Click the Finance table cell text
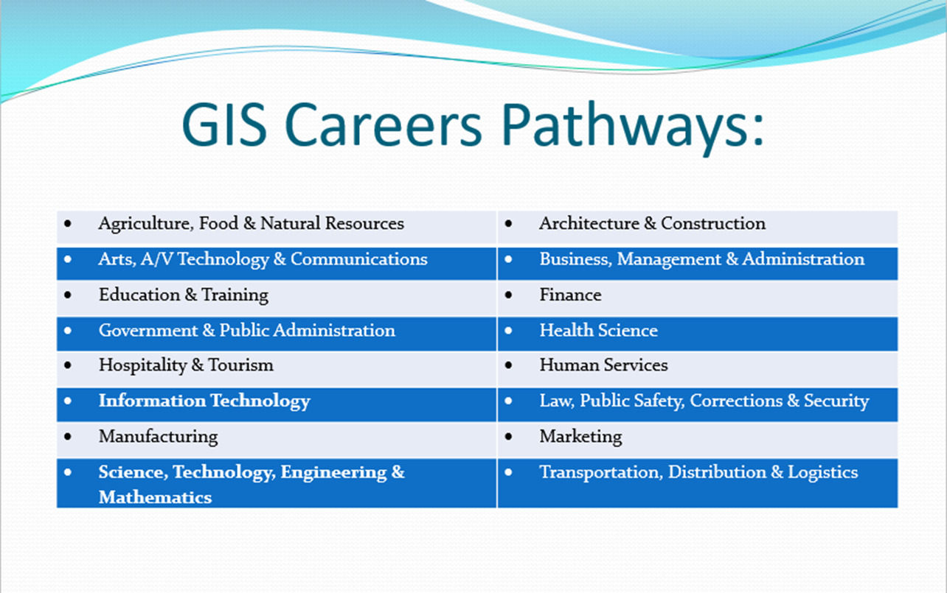click(x=570, y=295)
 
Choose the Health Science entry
click(x=598, y=331)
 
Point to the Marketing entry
click(x=580, y=437)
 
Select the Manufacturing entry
click(x=158, y=437)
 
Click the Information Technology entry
click(x=204, y=401)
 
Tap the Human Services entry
click(x=603, y=365)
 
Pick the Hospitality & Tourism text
click(x=186, y=365)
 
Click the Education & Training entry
click(x=184, y=295)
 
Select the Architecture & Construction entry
click(x=652, y=224)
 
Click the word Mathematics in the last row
click(x=155, y=497)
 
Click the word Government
click(x=148, y=331)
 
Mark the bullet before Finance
click(x=509, y=295)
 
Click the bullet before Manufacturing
click(x=69, y=437)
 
